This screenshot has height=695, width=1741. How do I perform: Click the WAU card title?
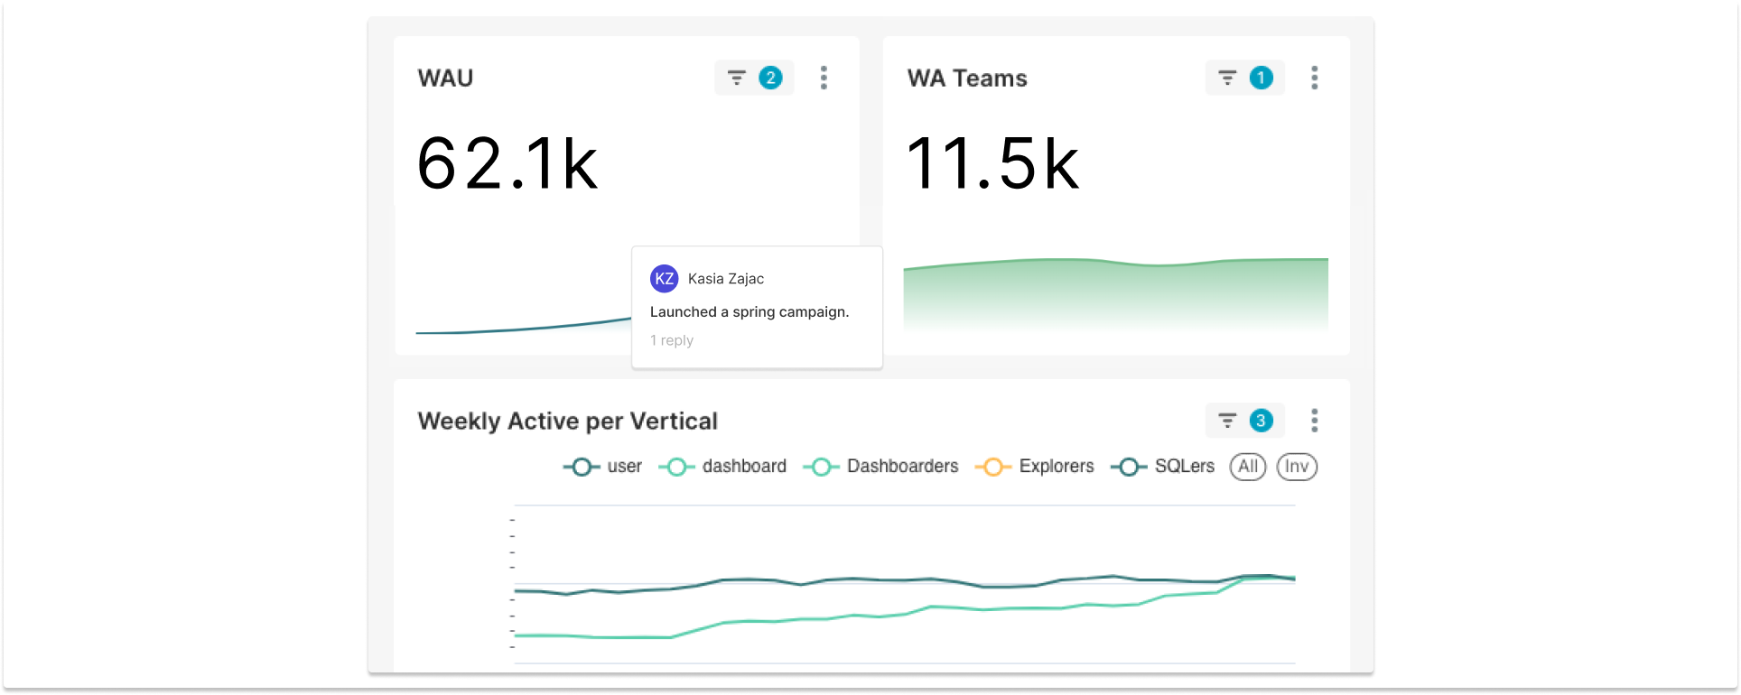[445, 79]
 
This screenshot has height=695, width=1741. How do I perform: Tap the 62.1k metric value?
[507, 164]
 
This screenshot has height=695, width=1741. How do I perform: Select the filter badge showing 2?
[754, 79]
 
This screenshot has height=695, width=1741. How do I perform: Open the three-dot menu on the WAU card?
[824, 79]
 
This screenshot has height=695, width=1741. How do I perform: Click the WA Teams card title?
[967, 79]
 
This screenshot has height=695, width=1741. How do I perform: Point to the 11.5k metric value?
[992, 164]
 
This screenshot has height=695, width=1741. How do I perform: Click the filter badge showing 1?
[1244, 79]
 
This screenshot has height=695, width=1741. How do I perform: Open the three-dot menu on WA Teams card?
[1314, 79]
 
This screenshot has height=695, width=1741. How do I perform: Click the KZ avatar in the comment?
[664, 279]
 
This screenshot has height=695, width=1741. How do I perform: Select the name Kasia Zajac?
[725, 279]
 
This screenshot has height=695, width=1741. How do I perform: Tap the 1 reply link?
[672, 340]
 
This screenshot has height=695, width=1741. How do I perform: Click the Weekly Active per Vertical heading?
[567, 422]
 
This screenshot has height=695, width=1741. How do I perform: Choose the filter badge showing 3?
[1244, 421]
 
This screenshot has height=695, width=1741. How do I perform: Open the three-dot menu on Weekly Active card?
[1314, 421]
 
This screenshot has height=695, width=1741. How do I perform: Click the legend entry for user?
[603, 467]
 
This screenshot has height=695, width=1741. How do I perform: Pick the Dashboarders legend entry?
[881, 467]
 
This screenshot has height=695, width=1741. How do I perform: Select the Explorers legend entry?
[1035, 467]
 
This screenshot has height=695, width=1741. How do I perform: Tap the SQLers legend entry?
[1163, 467]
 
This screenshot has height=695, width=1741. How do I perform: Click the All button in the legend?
[1247, 467]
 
